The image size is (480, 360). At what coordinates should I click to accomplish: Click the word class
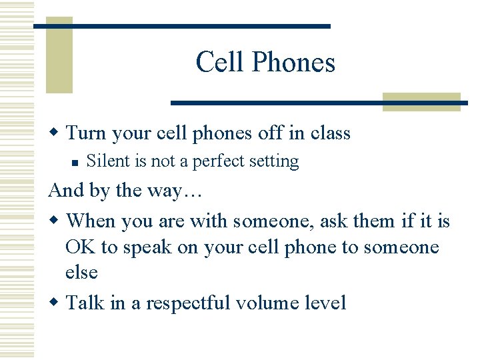[x=330, y=133]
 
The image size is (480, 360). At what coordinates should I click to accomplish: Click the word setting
[x=273, y=162]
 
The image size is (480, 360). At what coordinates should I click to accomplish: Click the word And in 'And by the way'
[x=65, y=191]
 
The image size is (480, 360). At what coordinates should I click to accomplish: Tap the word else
[x=81, y=273]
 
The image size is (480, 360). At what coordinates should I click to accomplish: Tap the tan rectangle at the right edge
[x=421, y=101]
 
